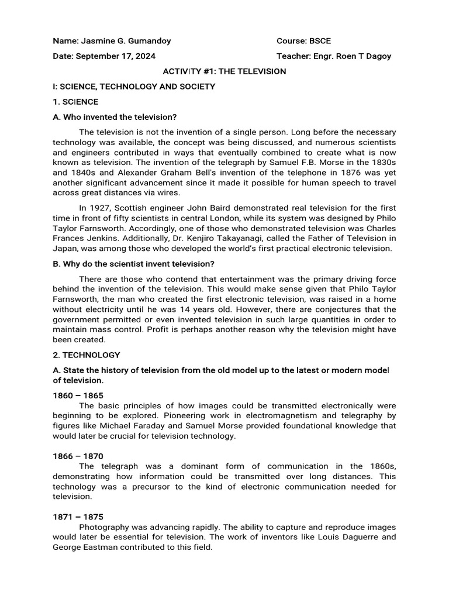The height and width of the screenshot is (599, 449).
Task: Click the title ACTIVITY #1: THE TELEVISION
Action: click(x=224, y=71)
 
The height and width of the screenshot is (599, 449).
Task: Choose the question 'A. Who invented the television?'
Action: click(x=115, y=117)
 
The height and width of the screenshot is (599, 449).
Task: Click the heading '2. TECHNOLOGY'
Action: click(x=87, y=355)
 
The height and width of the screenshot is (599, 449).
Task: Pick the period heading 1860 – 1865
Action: click(x=78, y=395)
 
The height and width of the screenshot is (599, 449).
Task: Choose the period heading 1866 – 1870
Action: click(x=78, y=456)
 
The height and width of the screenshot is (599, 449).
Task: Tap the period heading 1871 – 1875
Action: click(x=78, y=517)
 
